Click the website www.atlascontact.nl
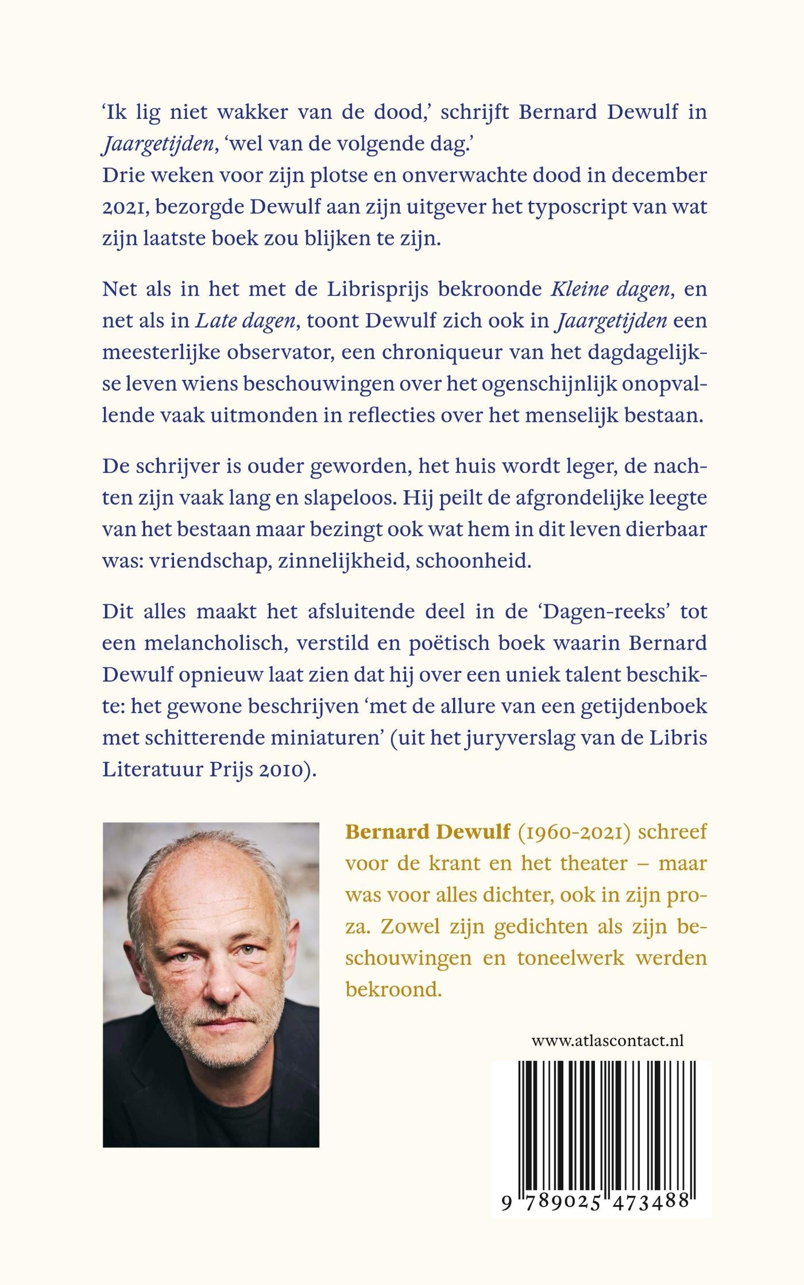click(607, 1041)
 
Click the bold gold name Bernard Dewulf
click(427, 832)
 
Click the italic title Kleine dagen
click(610, 289)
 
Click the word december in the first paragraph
click(659, 175)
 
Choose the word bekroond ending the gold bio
click(393, 990)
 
